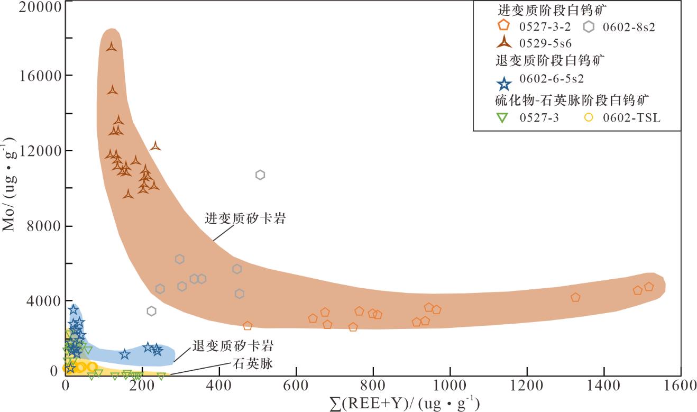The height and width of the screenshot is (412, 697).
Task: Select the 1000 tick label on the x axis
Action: pos(450,385)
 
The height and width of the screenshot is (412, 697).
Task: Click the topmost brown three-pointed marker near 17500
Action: pos(111,47)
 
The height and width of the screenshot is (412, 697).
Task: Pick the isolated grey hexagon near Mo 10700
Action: pos(260,175)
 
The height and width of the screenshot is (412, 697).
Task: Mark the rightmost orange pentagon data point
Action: pos(649,287)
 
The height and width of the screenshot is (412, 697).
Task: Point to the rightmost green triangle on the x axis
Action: pos(161,377)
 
